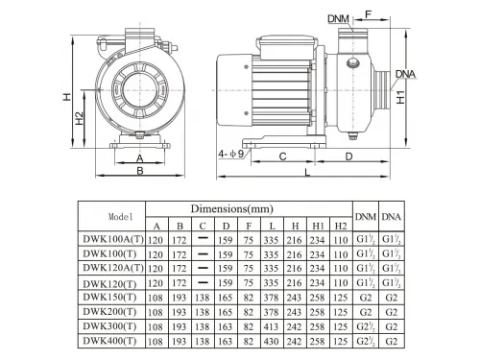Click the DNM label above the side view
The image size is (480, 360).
[338, 17]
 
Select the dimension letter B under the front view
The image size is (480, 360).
[139, 171]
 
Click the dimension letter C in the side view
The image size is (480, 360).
[283, 155]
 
